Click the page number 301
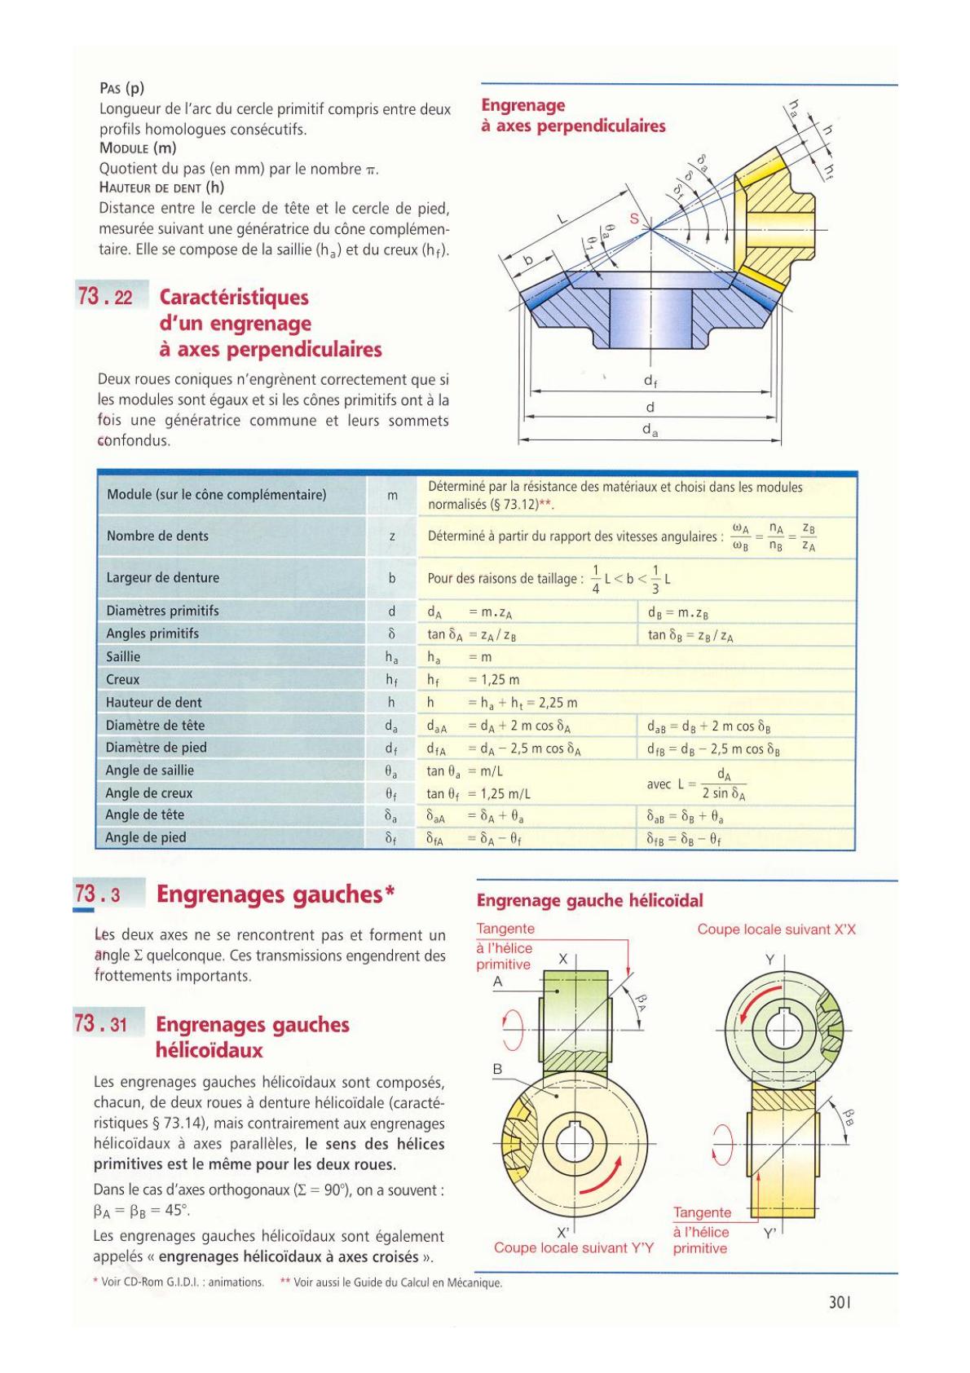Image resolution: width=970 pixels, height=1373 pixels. [839, 1301]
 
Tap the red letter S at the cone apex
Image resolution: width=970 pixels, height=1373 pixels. [634, 219]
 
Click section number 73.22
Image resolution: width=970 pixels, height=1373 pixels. [105, 297]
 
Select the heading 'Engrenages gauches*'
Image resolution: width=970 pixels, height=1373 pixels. [276, 894]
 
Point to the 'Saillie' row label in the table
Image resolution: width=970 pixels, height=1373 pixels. [123, 656]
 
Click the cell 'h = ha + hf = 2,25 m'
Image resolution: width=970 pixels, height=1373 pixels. [502, 703]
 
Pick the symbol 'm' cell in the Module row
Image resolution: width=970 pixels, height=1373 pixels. [392, 495]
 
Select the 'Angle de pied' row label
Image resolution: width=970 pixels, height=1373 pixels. [146, 837]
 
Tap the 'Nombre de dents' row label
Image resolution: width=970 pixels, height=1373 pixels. [157, 536]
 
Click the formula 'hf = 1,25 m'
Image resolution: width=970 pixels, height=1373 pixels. [473, 680]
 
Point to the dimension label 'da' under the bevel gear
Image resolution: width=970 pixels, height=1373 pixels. [650, 430]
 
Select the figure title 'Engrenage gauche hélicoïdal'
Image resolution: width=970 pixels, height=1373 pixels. [589, 900]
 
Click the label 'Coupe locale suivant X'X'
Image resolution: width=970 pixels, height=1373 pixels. [776, 929]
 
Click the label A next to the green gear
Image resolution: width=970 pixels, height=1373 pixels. [497, 982]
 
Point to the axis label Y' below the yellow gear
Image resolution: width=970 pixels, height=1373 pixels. [770, 1234]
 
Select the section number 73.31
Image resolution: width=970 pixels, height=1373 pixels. [100, 1023]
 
